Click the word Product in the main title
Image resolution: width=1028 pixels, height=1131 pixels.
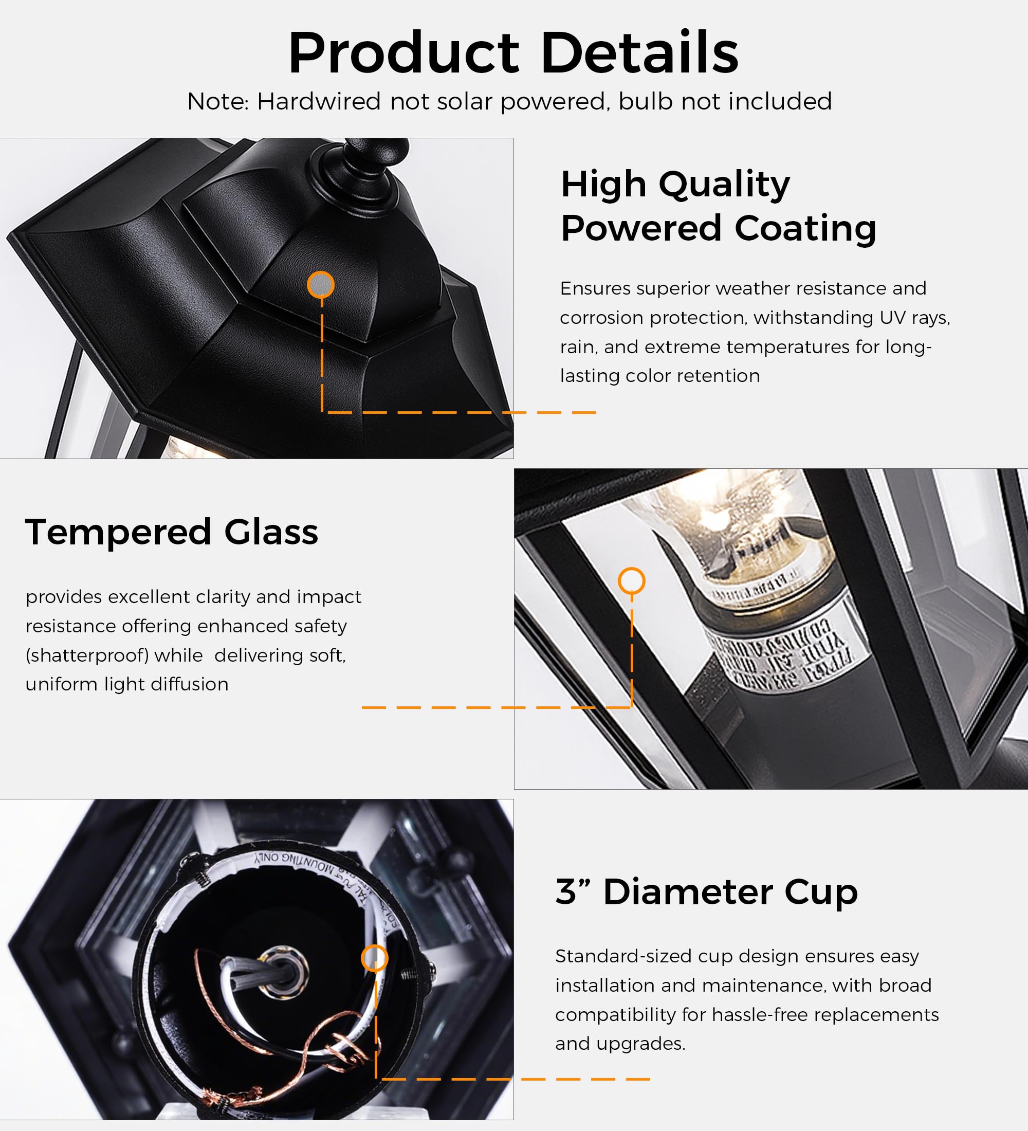[x=404, y=54]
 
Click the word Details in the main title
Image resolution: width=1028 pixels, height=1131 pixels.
[x=639, y=53]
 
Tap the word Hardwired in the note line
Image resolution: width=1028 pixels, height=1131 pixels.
[x=319, y=102]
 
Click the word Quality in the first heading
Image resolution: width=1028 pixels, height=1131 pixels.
[x=724, y=185]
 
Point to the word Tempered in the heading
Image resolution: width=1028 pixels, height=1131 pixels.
[x=118, y=533]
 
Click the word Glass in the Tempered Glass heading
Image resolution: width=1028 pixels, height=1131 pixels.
[x=271, y=533]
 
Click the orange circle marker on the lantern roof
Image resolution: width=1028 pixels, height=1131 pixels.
[x=321, y=285]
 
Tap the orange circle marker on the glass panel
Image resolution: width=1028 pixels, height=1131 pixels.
[x=632, y=580]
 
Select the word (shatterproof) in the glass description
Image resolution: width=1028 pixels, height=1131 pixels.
[x=87, y=655]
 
